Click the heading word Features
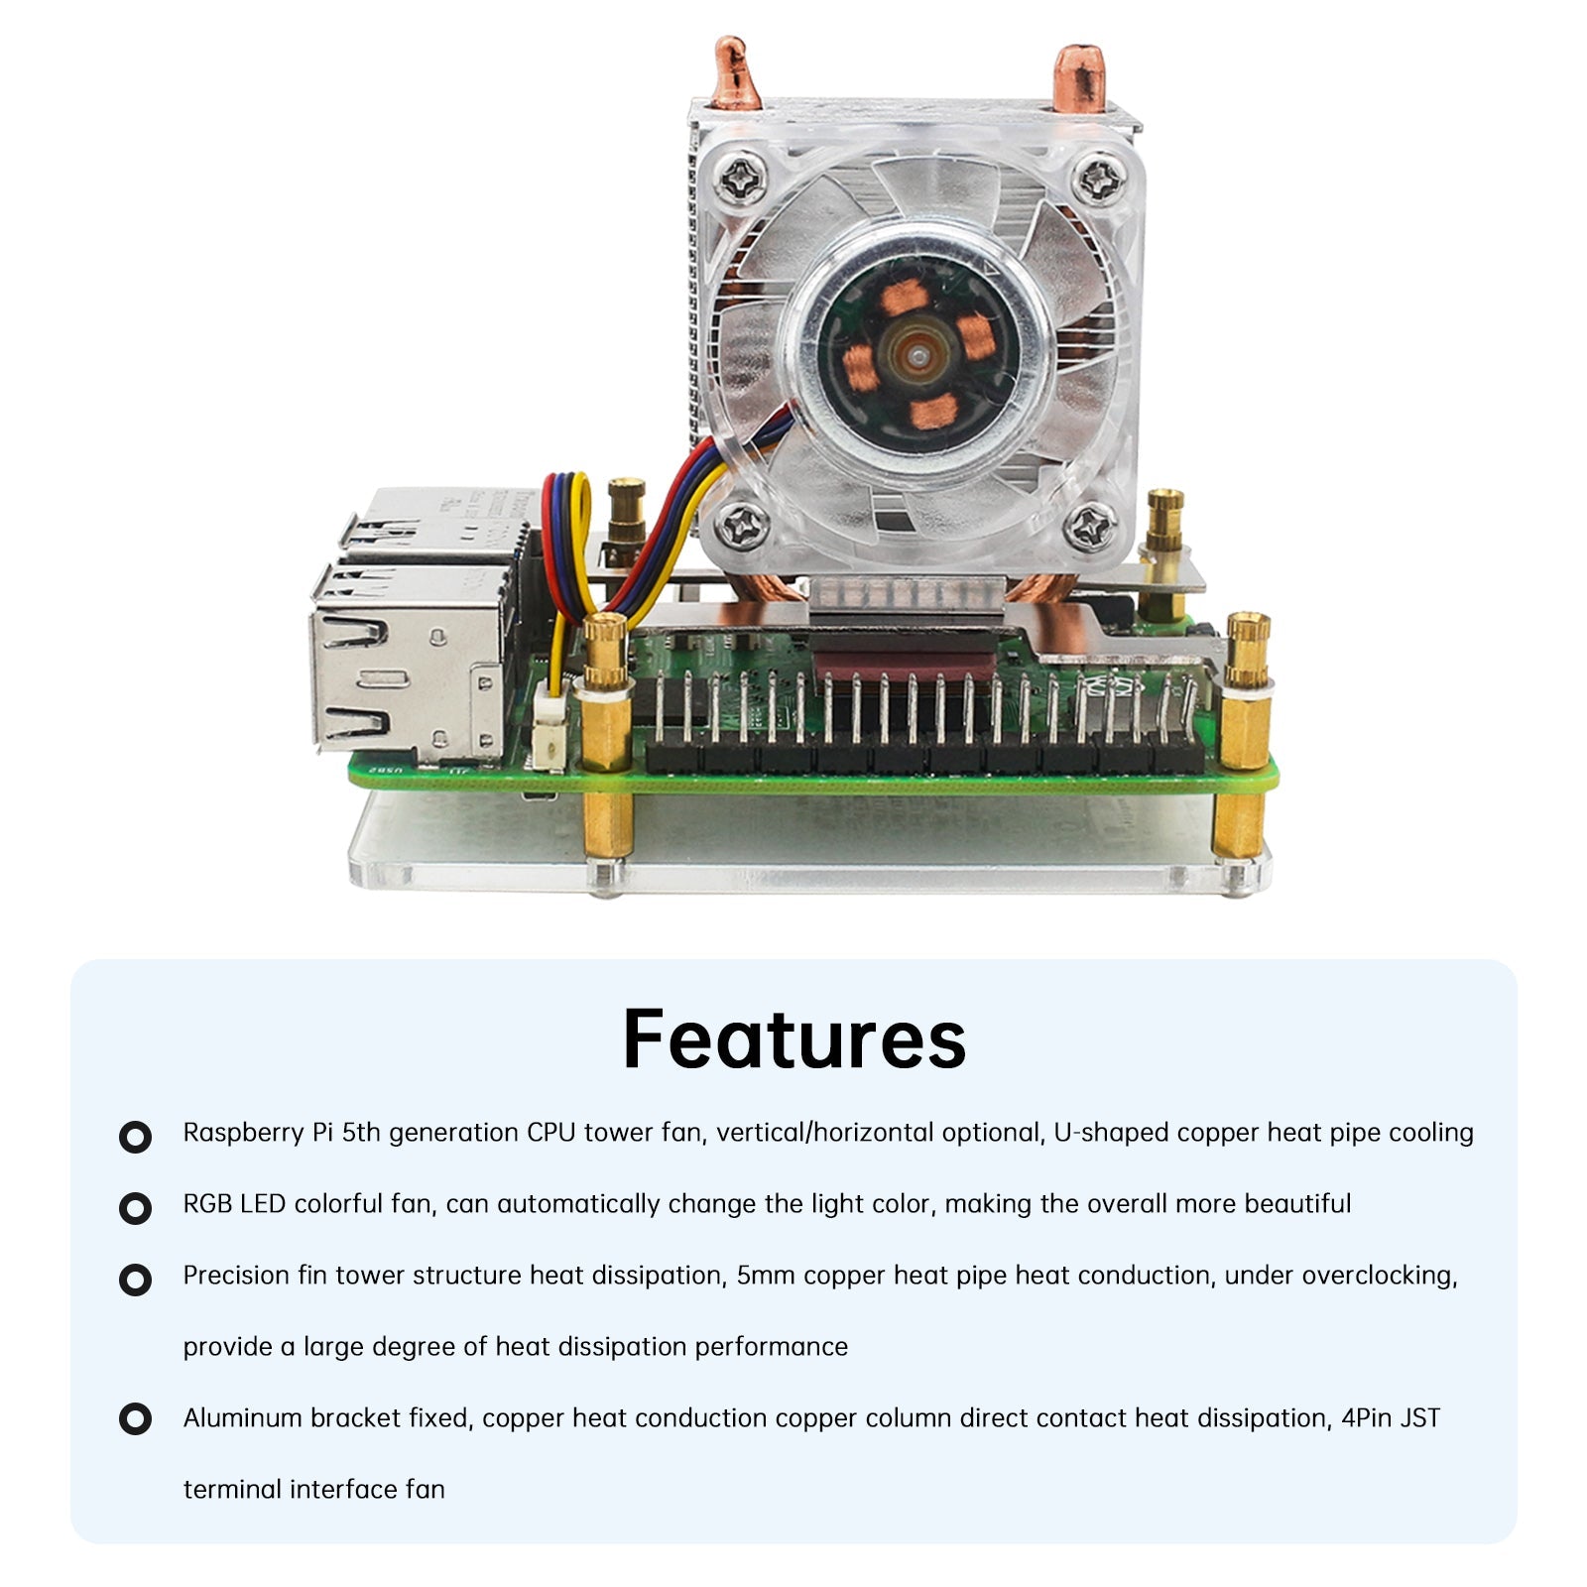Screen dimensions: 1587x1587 (x=793, y=1038)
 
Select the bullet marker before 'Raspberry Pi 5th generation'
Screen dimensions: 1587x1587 (x=135, y=1137)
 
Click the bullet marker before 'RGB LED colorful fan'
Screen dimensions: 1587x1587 (x=135, y=1208)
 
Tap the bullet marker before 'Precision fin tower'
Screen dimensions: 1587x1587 (x=135, y=1280)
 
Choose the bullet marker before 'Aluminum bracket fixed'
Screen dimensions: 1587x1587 (x=135, y=1419)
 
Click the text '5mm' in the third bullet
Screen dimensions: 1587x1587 (x=765, y=1276)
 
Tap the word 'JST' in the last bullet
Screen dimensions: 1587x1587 (x=1418, y=1418)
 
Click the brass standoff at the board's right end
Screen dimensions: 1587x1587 (x=1247, y=694)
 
